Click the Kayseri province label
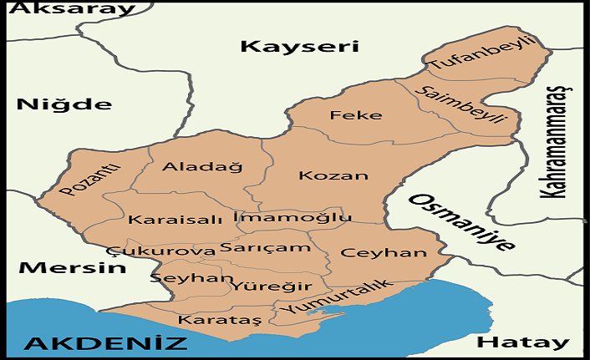[299, 46]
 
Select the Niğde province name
[64, 104]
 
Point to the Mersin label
[72, 268]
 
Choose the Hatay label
[522, 342]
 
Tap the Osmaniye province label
[461, 222]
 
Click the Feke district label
[355, 115]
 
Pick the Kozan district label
[333, 176]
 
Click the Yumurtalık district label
[336, 296]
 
